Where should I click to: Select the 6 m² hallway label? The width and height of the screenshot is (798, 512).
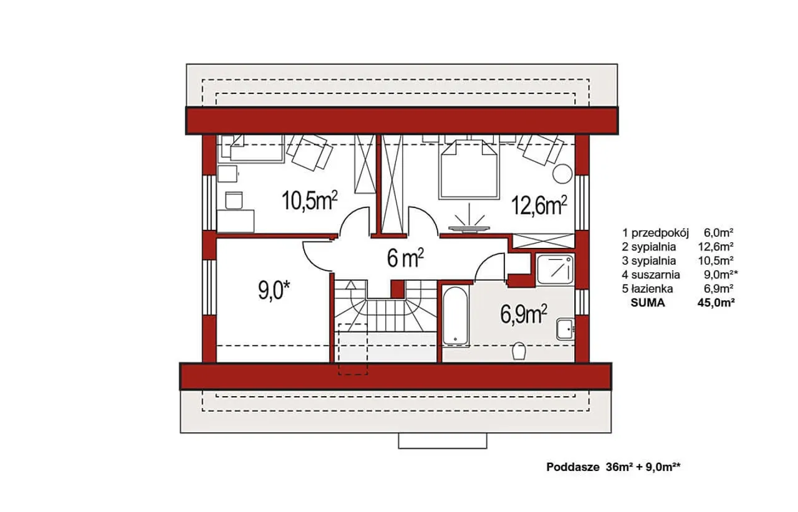pos(405,258)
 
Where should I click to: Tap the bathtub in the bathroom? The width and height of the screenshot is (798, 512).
pos(455,316)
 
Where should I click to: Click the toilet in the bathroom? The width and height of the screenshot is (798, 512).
pos(519,351)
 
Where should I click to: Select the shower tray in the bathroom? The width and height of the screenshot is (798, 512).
pos(554,269)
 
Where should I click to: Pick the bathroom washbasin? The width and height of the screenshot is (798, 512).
pos(565,329)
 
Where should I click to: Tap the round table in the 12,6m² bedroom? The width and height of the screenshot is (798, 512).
pos(562,173)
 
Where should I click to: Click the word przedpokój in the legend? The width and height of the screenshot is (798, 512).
pos(660,233)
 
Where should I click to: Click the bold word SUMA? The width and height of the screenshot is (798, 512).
pos(648,303)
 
